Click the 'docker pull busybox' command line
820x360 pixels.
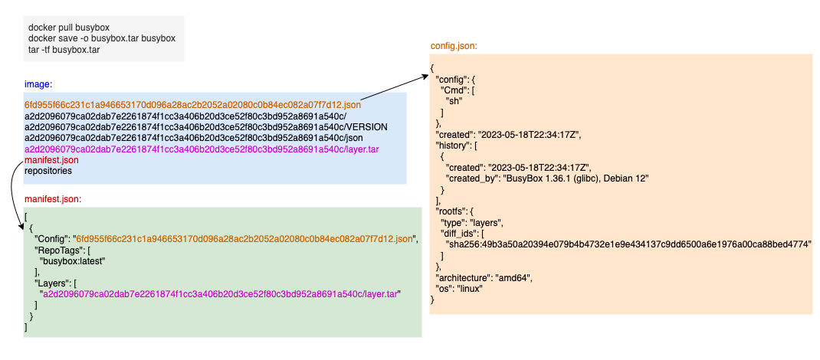[70, 27]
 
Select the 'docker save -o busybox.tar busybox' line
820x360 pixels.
[102, 38]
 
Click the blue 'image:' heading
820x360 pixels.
[38, 83]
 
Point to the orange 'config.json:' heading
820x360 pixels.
[454, 46]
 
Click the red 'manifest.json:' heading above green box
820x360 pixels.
[54, 199]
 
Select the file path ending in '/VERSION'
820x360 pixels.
[206, 126]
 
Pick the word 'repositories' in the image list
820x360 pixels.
[48, 172]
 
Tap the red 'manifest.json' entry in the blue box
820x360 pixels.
[51, 160]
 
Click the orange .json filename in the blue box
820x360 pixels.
[192, 104]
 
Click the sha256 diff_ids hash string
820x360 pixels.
[628, 244]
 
